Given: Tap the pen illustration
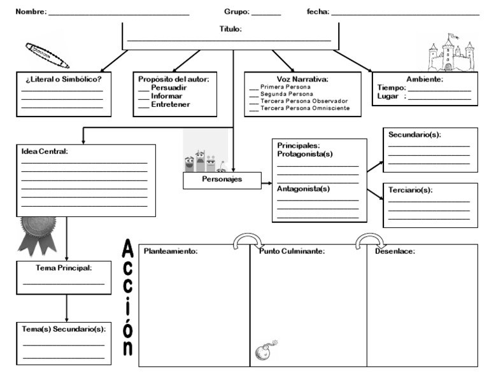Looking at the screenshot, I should pos(47,55).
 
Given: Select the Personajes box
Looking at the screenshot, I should pos(222,181).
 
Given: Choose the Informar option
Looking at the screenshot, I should pos(166,96).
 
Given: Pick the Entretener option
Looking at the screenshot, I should pos(170,104).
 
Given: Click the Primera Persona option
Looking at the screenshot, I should pos(285,87).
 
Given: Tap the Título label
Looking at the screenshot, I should pos(230,29).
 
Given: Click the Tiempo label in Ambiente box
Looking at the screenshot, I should pos(391,88).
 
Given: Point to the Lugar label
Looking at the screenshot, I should pos(388,96).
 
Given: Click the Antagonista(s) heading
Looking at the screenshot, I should pos(303,189).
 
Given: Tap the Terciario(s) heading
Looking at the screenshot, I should pos(410,190).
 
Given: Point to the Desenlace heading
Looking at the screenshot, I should pos(395,251).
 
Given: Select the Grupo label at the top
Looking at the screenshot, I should pos(237,12).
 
